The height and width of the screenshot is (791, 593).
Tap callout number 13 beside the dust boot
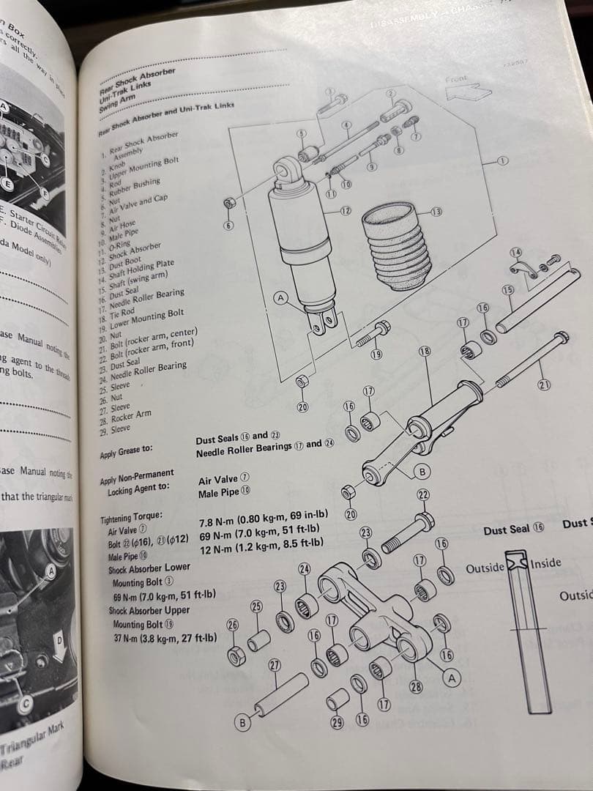click(x=436, y=212)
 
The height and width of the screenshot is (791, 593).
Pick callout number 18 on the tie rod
click(x=423, y=352)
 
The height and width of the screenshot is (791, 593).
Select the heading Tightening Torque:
click(x=131, y=517)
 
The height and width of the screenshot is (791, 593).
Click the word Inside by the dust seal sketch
click(x=545, y=563)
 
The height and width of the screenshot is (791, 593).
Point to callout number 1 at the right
click(x=503, y=160)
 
